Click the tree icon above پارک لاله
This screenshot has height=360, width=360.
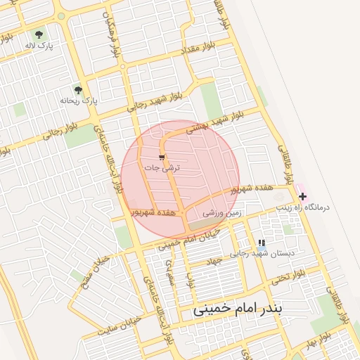pos(38,34)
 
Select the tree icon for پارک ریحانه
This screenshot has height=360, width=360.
pos(78,90)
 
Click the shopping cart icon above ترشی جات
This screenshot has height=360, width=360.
pos(162,157)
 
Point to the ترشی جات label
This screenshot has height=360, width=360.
pos(162,168)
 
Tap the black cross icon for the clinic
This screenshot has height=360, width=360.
pos(302,196)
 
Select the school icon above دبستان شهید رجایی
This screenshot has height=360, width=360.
pos(262,243)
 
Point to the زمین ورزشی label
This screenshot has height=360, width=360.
pos(222,212)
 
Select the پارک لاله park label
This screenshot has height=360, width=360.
pos(39,45)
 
